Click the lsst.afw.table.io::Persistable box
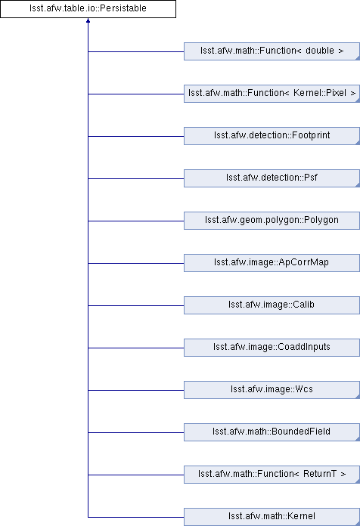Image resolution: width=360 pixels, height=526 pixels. tap(88, 9)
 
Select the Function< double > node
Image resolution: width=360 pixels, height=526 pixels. tap(272, 51)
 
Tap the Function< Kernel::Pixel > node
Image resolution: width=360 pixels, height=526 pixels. tap(272, 94)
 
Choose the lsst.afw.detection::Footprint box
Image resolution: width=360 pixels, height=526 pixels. tap(272, 136)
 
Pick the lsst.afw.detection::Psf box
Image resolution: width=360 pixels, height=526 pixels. tap(272, 178)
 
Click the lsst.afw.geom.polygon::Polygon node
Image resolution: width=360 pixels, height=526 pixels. tap(272, 221)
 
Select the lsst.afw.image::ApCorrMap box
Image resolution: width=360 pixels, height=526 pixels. tap(272, 263)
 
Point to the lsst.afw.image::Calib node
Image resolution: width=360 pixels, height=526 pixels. tap(272, 305)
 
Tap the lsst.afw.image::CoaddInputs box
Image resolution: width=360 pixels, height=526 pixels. tap(272, 347)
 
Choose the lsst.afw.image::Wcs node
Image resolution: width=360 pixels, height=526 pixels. tap(272, 389)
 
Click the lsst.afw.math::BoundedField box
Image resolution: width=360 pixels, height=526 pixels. tap(272, 432)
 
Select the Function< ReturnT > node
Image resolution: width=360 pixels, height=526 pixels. tap(272, 474)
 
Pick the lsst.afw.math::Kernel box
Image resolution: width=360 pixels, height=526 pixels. tap(272, 517)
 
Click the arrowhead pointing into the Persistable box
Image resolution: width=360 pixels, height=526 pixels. tap(88, 20)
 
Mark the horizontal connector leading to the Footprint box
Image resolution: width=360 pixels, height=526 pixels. tap(136, 136)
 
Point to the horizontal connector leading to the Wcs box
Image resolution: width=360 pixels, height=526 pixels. tap(136, 390)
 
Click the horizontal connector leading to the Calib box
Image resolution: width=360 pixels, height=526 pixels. tap(136, 305)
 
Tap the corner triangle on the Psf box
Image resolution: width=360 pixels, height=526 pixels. tap(358, 185)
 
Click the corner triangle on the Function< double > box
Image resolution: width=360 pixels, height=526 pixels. tap(358, 58)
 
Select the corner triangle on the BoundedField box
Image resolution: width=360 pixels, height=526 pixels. tap(358, 439)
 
